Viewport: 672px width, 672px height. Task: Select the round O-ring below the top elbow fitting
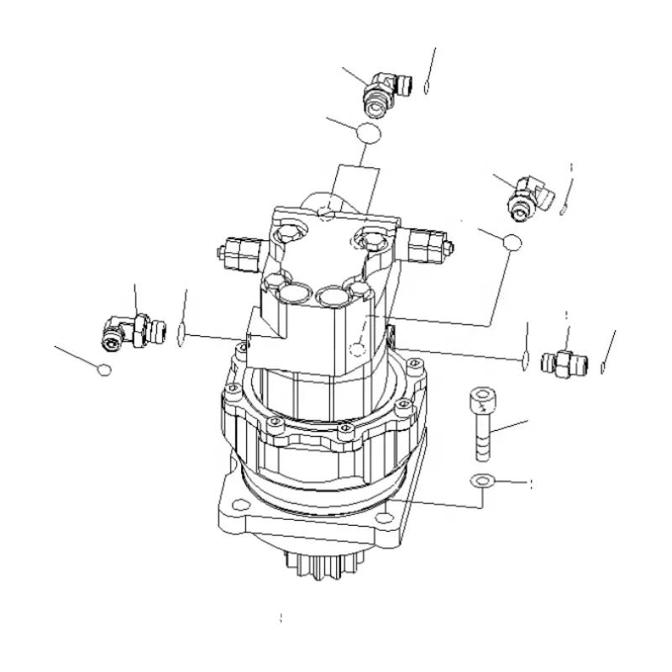point(366,133)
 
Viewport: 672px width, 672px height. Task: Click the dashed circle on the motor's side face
point(359,347)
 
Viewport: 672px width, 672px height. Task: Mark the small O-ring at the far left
point(102,370)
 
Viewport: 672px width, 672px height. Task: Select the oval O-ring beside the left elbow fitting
point(181,336)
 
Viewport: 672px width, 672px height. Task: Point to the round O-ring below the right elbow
point(512,243)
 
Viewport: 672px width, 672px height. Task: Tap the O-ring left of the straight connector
point(524,360)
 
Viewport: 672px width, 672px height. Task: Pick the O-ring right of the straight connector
point(604,365)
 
